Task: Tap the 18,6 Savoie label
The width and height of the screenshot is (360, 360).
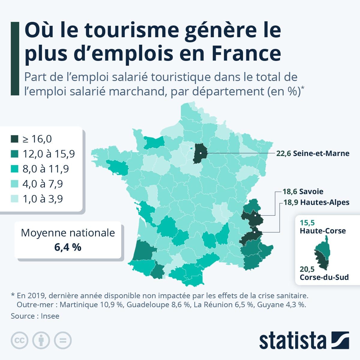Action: [x=303, y=191]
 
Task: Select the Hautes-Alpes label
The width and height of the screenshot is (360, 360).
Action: [x=316, y=202]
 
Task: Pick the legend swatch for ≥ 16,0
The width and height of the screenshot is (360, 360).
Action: [x=14, y=139]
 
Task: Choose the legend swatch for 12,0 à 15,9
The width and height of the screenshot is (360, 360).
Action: [x=14, y=154]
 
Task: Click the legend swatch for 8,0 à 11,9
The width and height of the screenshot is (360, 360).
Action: [x=14, y=169]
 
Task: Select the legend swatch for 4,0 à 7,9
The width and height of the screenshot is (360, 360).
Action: [x=14, y=184]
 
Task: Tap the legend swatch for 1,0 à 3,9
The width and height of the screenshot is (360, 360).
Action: [x=14, y=199]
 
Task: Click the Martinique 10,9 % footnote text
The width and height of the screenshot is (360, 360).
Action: [x=91, y=305]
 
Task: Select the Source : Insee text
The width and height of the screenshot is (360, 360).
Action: [x=35, y=316]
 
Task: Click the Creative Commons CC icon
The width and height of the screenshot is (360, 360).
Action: [x=20, y=340]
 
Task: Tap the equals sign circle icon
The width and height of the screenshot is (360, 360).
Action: [x=63, y=340]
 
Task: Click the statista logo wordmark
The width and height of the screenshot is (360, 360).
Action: [x=292, y=340]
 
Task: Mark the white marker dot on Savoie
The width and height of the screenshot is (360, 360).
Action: [x=255, y=215]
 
